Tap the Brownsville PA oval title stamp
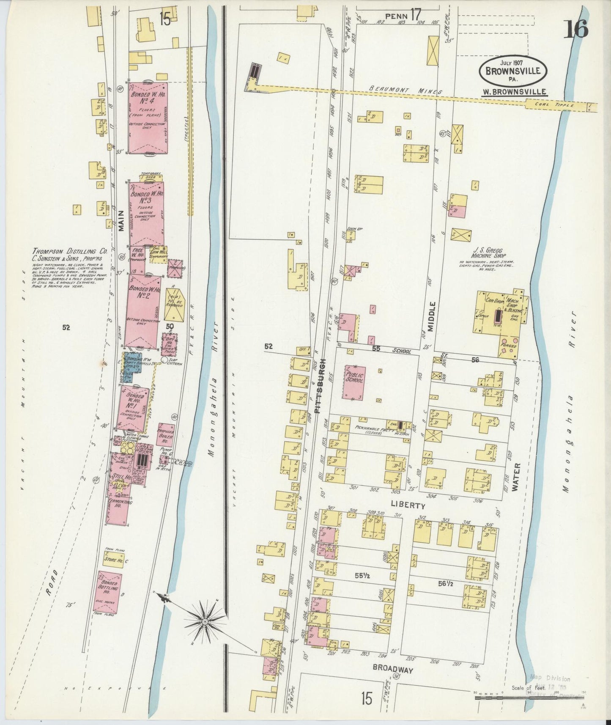click(x=513, y=71)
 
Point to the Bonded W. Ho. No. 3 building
click(x=146, y=214)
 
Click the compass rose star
click(x=205, y=621)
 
